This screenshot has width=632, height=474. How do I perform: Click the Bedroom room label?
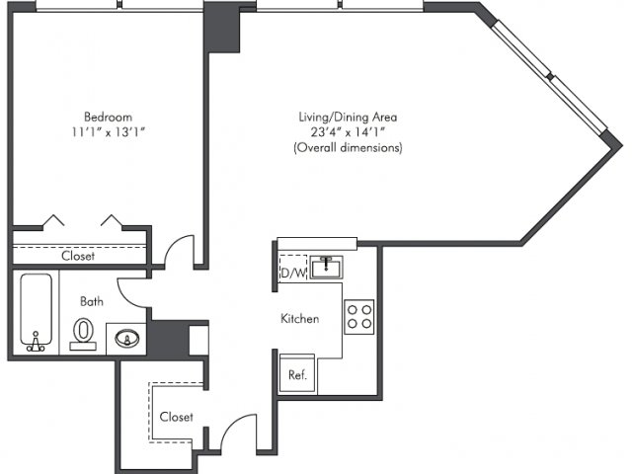point(108,117)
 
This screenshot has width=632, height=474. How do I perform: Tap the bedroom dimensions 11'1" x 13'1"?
point(108,131)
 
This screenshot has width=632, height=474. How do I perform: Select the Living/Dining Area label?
point(348,117)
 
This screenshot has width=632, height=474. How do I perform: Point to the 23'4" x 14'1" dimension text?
point(348,131)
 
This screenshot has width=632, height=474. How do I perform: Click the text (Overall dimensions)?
point(348,147)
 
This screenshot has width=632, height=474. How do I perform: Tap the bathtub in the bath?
point(36,312)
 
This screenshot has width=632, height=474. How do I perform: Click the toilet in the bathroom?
point(83,334)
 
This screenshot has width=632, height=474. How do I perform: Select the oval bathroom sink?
point(127,339)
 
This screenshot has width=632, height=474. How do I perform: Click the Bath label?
point(92,301)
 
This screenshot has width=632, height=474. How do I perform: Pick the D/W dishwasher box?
point(293,268)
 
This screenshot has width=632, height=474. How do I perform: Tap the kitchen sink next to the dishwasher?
point(327,268)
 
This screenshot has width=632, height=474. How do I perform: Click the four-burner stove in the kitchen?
point(359,317)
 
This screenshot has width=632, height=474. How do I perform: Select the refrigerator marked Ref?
point(297,373)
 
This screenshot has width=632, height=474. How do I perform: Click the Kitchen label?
point(300,318)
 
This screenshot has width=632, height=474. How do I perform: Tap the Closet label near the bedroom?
point(78,256)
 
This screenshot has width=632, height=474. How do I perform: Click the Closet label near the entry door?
point(176,417)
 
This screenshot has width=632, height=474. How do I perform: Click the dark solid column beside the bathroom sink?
point(169,338)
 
